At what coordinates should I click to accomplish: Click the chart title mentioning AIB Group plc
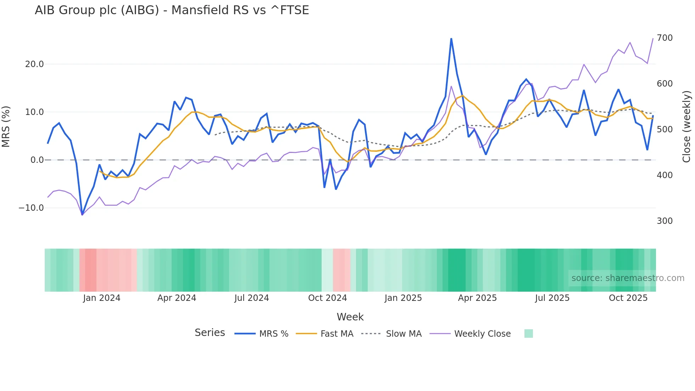pyautogui.click(x=172, y=10)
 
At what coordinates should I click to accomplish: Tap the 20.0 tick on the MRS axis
pyautogui.click(x=34, y=64)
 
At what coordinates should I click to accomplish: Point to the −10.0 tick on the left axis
pyautogui.click(x=31, y=208)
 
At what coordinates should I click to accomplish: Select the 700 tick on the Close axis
pyautogui.click(x=665, y=38)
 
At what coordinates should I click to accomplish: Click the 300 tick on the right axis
pyautogui.click(x=665, y=221)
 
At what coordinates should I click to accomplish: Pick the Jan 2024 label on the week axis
pyautogui.click(x=102, y=298)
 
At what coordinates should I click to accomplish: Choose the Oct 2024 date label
pyautogui.click(x=327, y=298)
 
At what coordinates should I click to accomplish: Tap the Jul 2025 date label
pyautogui.click(x=552, y=298)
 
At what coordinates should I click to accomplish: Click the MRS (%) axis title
pyautogui.click(x=6, y=126)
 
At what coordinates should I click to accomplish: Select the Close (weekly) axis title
pyautogui.click(x=686, y=127)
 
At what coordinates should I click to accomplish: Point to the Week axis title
pyautogui.click(x=350, y=317)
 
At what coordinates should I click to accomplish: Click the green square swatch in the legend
pyautogui.click(x=528, y=334)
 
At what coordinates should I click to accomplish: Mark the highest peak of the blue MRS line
pyautogui.click(x=451, y=39)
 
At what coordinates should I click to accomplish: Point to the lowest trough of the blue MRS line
pyautogui.click(x=82, y=214)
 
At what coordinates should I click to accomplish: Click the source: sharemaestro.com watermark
pyautogui.click(x=628, y=278)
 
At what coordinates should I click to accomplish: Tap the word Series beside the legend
pyautogui.click(x=210, y=333)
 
